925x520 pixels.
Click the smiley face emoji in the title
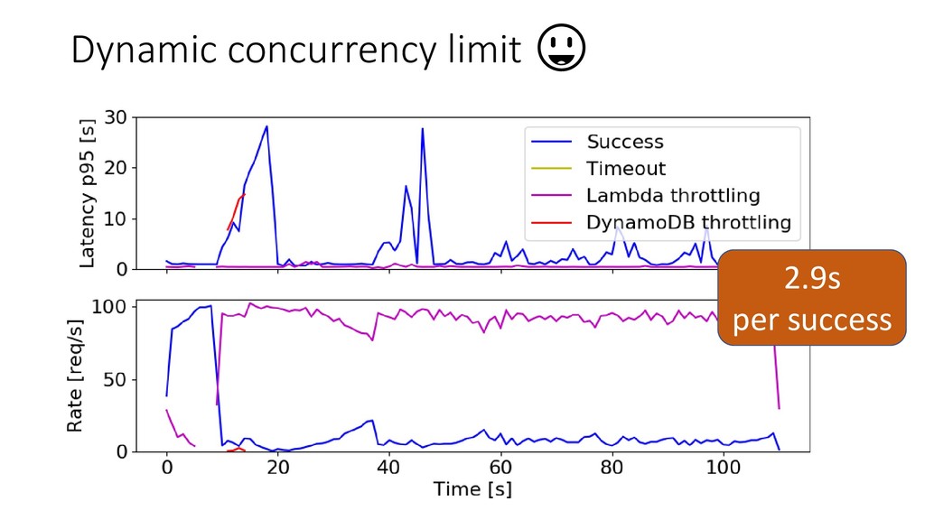point(561,49)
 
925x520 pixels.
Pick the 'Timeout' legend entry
point(626,169)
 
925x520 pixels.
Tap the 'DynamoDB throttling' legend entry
point(688,222)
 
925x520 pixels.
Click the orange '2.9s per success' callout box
point(811,299)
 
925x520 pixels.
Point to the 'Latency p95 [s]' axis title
point(88,192)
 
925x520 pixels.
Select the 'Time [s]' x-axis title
point(472,489)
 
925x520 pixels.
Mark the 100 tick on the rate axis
point(113,306)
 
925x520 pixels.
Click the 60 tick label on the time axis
point(500,469)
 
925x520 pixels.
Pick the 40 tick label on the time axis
point(388,469)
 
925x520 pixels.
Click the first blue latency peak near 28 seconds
point(266,126)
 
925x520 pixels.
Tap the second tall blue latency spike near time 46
point(422,129)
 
